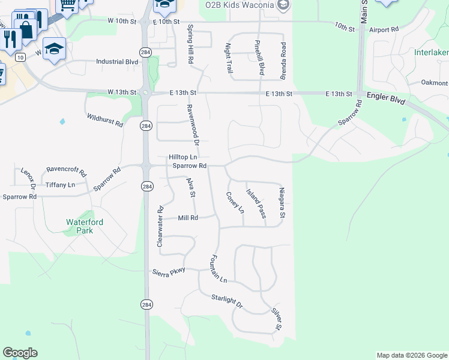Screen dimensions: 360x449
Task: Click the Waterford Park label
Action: pyautogui.click(x=85, y=226)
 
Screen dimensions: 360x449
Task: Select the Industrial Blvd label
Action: pyautogui.click(x=118, y=61)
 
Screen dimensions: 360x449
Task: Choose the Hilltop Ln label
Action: pyautogui.click(x=182, y=157)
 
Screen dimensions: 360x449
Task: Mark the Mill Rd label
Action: pyautogui.click(x=188, y=218)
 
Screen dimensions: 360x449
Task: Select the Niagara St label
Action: pyautogui.click(x=282, y=203)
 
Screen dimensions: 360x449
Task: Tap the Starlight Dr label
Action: pyautogui.click(x=227, y=301)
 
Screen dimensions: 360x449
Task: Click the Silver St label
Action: pyautogui.click(x=276, y=319)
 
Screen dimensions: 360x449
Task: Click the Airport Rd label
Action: pyautogui.click(x=384, y=29)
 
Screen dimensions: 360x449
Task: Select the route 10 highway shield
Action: pyautogui.click(x=20, y=57)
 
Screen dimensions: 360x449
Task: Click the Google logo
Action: pyautogui.click(x=20, y=353)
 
